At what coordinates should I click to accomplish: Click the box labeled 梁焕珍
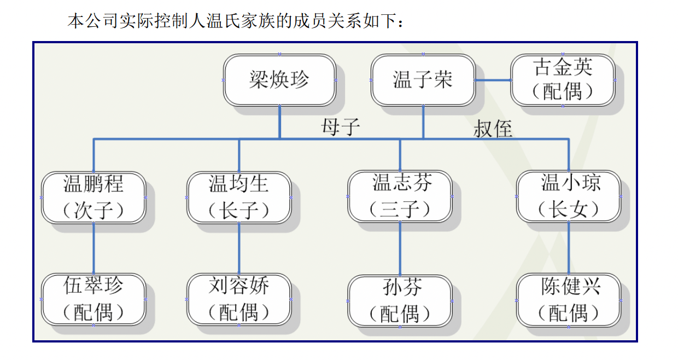pos(279,80)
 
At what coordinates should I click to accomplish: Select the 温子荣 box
pos(423,80)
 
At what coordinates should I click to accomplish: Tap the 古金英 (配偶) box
pos(563,80)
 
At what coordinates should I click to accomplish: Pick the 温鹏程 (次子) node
pos(93,197)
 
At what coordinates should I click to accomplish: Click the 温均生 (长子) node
pos(239,197)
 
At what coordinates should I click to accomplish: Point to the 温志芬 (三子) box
pos(400,196)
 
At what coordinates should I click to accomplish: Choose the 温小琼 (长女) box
pos(569,196)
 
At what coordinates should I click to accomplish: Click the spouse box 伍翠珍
pos(93,299)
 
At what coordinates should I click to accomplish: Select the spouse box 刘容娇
pos(239,299)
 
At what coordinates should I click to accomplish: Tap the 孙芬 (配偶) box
pos(400,300)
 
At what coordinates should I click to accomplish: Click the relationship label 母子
pos(341,127)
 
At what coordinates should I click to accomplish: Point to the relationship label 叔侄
pos(493,129)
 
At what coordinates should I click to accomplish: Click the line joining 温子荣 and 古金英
pos(493,80)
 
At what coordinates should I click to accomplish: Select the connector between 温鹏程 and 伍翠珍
pos(93,248)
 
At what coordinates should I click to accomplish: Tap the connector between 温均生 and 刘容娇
pos(239,248)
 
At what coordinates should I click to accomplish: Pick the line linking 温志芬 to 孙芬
pos(400,248)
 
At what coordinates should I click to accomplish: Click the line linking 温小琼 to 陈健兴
pos(569,248)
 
